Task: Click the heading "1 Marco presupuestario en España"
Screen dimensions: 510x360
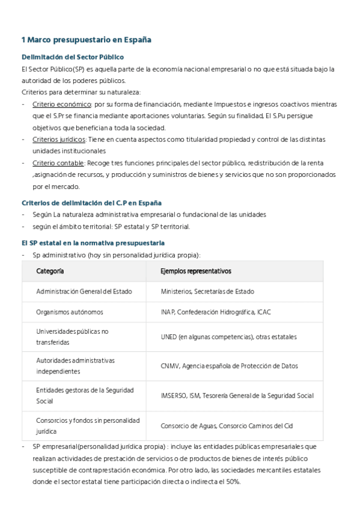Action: point(86,40)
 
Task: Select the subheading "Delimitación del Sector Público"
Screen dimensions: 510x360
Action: point(72,57)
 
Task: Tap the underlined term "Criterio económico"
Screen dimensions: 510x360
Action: point(58,104)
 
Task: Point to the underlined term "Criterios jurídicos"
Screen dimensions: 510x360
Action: point(58,140)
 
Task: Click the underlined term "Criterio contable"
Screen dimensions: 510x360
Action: point(58,163)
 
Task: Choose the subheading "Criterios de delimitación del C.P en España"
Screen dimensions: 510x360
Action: point(91,203)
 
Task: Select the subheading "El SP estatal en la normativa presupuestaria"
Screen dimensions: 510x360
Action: point(93,226)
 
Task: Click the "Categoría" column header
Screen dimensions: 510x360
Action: point(50,271)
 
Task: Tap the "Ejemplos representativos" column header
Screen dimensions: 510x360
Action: point(196,271)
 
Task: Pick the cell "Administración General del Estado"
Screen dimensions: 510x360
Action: point(84,292)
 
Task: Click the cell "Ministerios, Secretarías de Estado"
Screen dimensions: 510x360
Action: point(207,292)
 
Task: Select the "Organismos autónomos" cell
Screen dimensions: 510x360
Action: point(70,312)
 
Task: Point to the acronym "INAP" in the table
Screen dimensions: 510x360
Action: point(168,312)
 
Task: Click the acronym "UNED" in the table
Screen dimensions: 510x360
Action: point(168,337)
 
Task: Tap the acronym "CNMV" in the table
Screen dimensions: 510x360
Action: point(169,366)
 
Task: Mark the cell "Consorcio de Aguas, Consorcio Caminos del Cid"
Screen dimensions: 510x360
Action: point(227,426)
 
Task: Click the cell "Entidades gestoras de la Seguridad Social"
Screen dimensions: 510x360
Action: point(85,395)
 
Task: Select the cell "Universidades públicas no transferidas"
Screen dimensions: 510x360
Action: point(72,336)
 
